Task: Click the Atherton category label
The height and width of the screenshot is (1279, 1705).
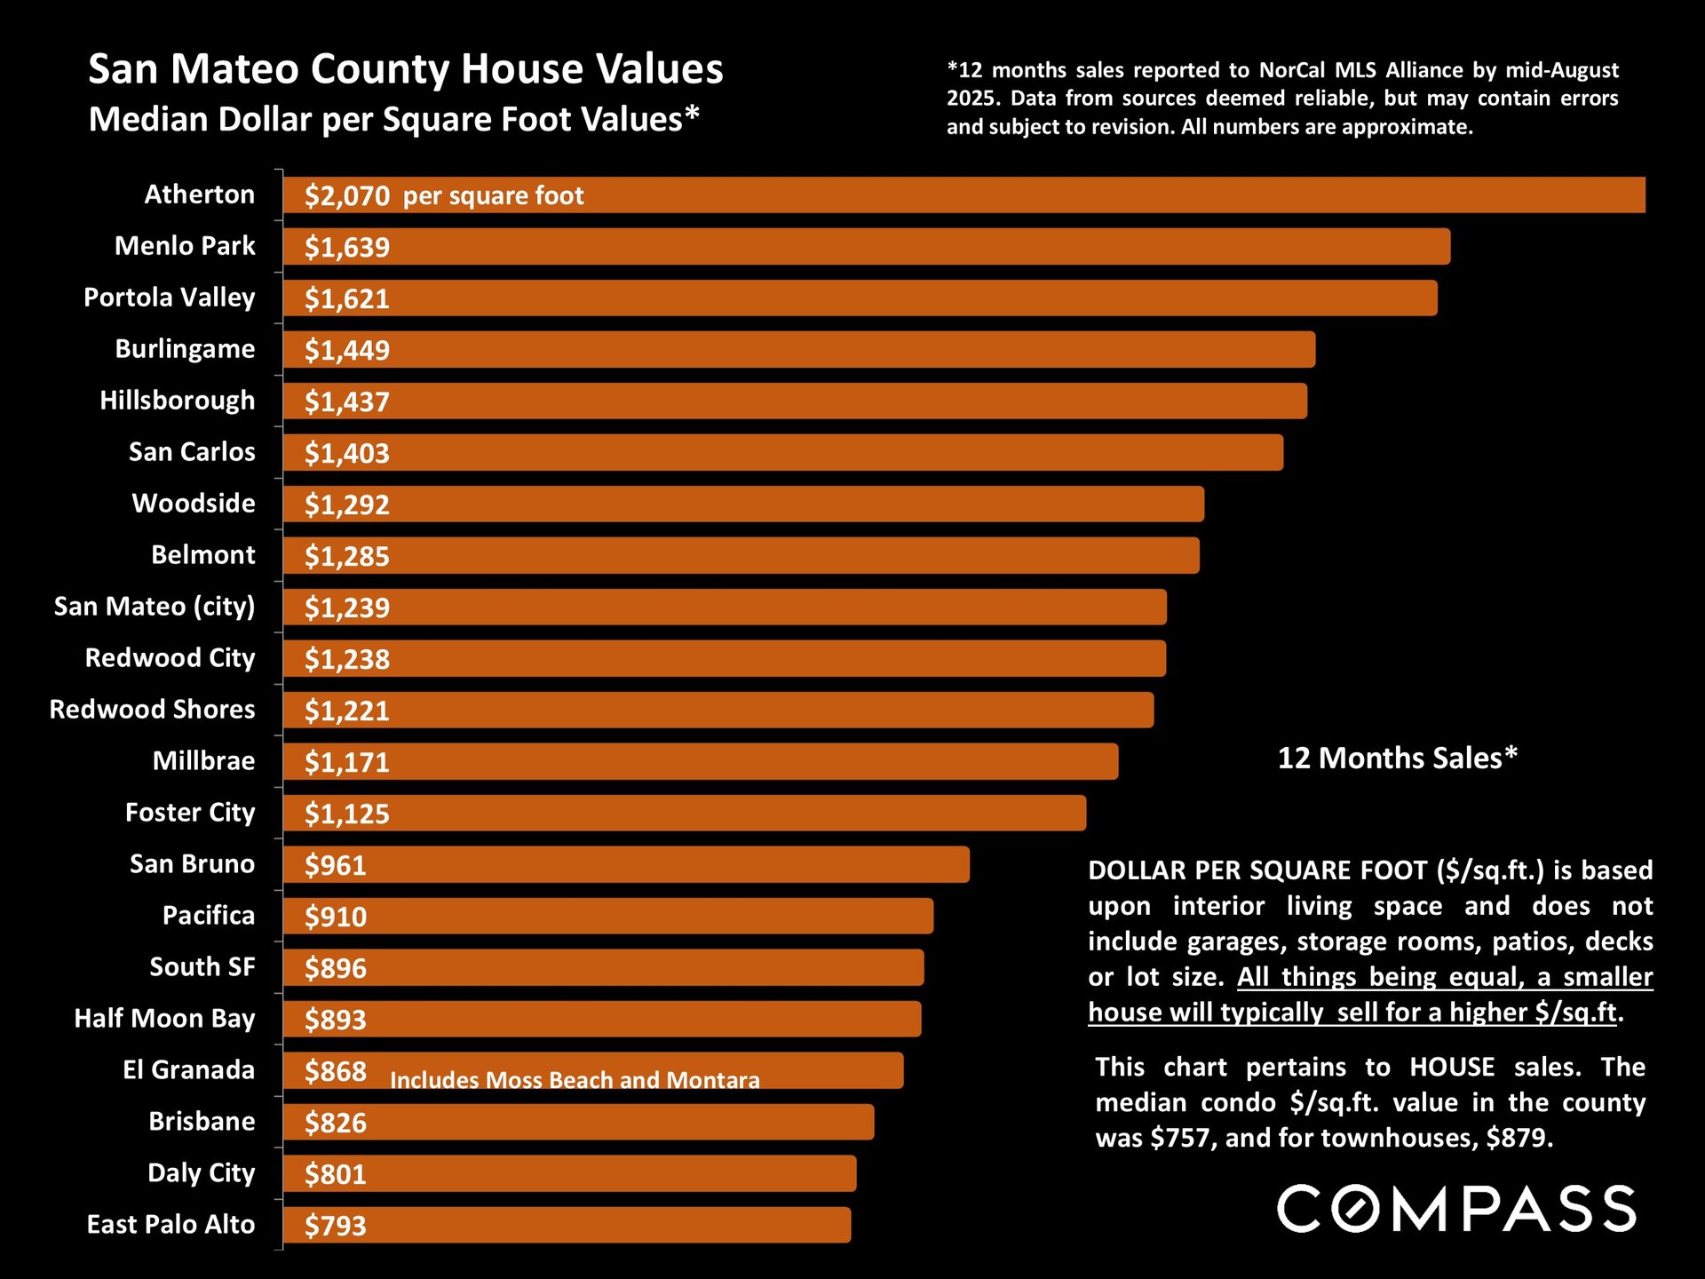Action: [x=199, y=195]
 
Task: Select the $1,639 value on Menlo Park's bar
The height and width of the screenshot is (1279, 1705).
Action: [x=346, y=247]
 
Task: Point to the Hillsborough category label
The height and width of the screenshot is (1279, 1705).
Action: [x=177, y=401]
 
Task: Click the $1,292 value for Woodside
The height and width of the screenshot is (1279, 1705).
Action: [x=346, y=504]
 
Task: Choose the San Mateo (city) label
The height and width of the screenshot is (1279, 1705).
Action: [x=154, y=607]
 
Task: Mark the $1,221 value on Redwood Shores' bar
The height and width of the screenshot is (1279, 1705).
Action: [x=346, y=711]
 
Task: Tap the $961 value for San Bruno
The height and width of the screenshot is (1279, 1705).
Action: [x=335, y=865]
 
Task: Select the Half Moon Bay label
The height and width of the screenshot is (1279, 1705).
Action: [x=164, y=1019]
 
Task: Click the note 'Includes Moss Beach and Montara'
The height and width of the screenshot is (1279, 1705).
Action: [x=575, y=1080]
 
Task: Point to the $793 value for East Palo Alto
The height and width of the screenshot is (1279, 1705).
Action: [x=335, y=1226]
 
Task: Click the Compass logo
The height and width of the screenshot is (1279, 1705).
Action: [x=1455, y=1209]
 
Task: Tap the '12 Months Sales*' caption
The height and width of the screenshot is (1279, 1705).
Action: [x=1397, y=758]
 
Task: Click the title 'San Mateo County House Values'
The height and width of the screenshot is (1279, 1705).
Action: [x=406, y=69]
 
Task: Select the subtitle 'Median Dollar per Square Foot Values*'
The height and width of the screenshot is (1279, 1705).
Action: [x=393, y=119]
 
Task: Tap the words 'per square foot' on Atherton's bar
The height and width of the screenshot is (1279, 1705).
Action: [x=493, y=195]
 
